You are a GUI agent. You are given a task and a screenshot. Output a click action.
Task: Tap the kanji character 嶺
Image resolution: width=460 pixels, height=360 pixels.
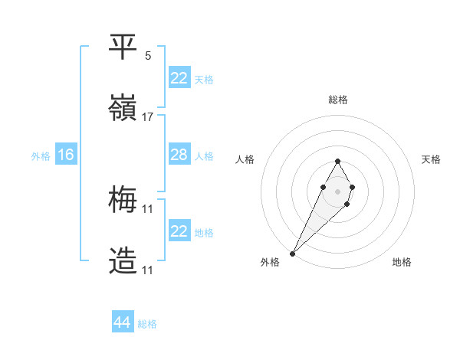point(123,108)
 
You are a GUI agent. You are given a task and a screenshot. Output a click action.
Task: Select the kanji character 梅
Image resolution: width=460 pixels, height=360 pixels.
point(123,200)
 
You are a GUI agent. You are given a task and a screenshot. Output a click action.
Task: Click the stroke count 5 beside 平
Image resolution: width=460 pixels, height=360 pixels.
point(148,55)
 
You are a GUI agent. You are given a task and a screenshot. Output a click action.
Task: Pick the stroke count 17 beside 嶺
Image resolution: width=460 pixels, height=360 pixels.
point(148,116)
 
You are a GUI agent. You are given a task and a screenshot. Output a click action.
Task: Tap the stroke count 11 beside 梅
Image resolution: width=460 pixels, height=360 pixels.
point(148,208)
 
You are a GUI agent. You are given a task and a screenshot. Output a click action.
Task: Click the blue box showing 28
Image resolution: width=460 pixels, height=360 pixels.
point(179,155)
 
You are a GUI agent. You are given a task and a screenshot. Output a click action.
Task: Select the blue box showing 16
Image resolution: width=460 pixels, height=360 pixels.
point(66,155)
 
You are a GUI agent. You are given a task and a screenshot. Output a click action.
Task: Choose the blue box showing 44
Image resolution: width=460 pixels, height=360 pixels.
point(123,322)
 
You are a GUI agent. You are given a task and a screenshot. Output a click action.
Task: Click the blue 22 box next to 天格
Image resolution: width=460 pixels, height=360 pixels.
point(179,77)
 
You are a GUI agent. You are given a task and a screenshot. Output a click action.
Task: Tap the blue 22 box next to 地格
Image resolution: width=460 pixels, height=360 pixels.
point(179,231)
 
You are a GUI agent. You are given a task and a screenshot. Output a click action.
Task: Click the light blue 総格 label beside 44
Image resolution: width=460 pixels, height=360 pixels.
point(148,324)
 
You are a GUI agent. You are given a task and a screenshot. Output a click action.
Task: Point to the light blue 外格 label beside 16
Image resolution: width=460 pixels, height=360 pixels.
point(41,155)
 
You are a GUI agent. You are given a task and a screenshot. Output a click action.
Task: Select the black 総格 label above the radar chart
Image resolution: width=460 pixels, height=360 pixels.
point(338,100)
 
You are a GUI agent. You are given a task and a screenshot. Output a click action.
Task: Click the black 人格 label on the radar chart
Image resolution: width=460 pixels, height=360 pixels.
point(245,159)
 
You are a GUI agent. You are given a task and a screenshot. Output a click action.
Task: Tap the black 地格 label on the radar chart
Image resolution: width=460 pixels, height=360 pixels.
point(402,262)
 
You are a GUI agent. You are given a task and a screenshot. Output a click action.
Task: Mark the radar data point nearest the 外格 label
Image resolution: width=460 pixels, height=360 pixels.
point(293,252)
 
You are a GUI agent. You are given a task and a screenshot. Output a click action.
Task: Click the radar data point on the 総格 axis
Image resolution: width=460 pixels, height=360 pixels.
point(337,161)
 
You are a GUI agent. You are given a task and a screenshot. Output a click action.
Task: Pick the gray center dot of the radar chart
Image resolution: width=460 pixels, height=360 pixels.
point(337,190)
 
